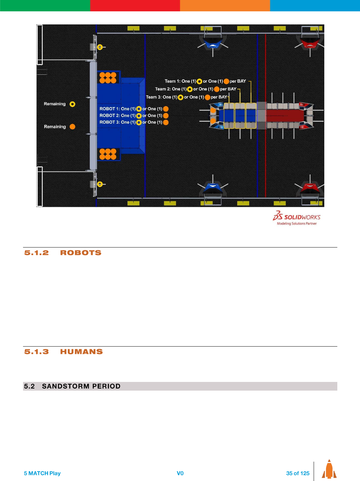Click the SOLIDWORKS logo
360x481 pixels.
point(296,218)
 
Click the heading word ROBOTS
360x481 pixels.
point(80,253)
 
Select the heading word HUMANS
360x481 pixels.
point(81,352)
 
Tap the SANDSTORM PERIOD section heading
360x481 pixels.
point(81,386)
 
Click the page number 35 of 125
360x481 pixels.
point(298,473)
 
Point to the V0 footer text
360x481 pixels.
point(180,473)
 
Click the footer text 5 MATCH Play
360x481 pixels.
point(42,473)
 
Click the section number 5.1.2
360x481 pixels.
point(36,253)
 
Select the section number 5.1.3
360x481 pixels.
point(36,352)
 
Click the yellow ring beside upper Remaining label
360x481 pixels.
point(72,104)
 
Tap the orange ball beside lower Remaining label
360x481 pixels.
point(72,127)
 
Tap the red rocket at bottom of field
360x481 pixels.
point(310,187)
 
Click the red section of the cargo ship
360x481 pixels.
point(284,116)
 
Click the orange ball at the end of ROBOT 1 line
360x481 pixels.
point(166,109)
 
